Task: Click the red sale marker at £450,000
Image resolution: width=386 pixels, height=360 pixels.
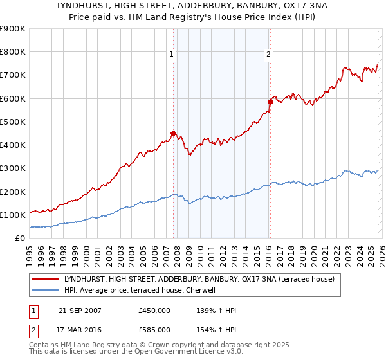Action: pyautogui.click(x=173, y=133)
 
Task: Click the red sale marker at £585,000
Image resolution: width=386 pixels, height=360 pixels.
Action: pyautogui.click(x=270, y=102)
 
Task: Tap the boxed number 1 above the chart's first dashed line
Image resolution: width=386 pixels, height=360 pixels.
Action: pyautogui.click(x=172, y=55)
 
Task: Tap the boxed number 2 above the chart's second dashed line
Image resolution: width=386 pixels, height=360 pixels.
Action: pyautogui.click(x=268, y=55)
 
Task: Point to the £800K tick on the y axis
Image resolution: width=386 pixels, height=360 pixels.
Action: pyautogui.click(x=13, y=52)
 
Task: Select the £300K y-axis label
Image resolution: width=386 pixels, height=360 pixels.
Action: pyautogui.click(x=13, y=168)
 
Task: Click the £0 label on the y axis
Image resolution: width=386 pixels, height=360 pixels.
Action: pyautogui.click(x=19, y=239)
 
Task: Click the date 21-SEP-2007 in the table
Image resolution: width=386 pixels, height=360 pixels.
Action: pyautogui.click(x=80, y=310)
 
